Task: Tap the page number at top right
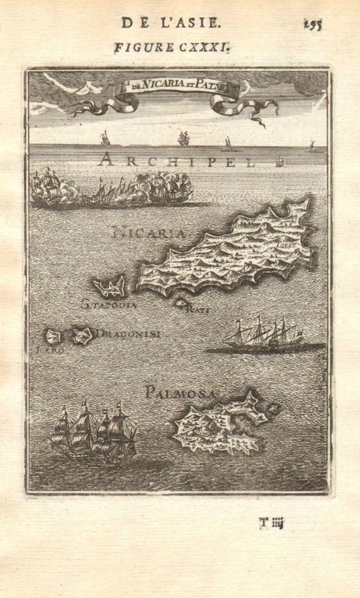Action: [x=313, y=24]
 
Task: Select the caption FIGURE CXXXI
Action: [x=171, y=47]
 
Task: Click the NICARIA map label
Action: [x=148, y=233]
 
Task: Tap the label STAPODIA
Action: [x=109, y=304]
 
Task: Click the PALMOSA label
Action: [x=181, y=392]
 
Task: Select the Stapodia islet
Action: [x=109, y=287]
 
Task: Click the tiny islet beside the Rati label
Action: [x=181, y=303]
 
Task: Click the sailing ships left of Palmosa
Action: [x=94, y=432]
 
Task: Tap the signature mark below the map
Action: [x=271, y=523]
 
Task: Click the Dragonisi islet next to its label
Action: [x=82, y=335]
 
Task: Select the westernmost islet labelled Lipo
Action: [x=54, y=336]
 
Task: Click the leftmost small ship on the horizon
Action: [x=105, y=138]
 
